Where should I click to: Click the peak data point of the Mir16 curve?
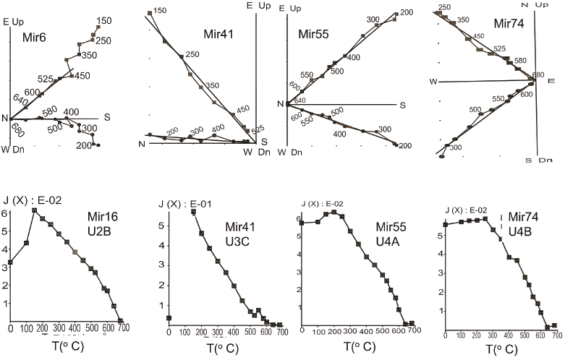[x=34, y=210]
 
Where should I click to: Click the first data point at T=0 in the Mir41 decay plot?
[x=169, y=317]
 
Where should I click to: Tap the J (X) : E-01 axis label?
[x=187, y=202]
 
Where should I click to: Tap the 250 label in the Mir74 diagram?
[x=445, y=7]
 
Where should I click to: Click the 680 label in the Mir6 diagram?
[x=16, y=134]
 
